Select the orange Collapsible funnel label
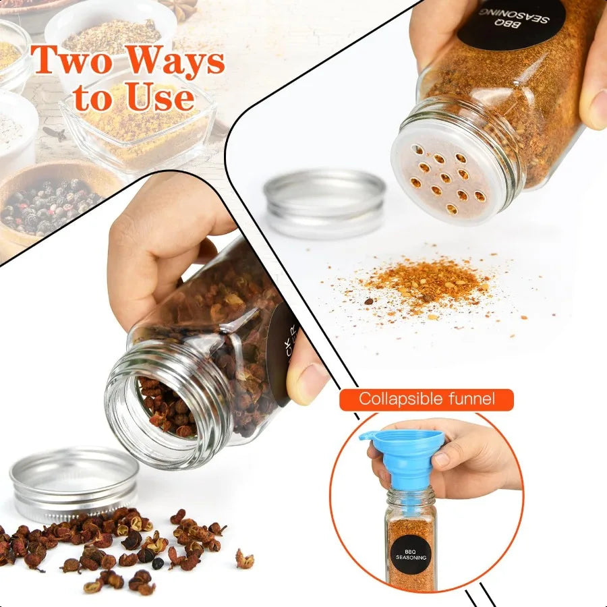pyautogui.click(x=426, y=399)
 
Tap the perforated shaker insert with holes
pyautogui.click(x=449, y=179)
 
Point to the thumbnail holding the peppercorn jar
pyautogui.click(x=307, y=381)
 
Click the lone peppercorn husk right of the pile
pyautogui.click(x=244, y=558)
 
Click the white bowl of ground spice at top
pyautogui.click(x=111, y=34)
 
